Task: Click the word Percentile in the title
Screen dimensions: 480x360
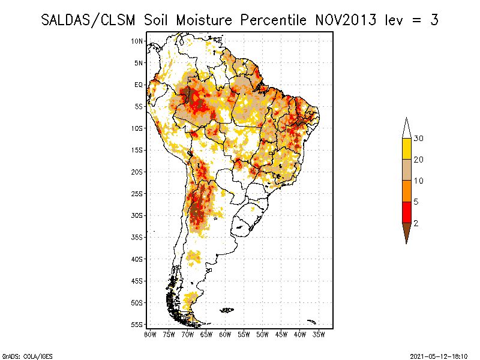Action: tap(273, 20)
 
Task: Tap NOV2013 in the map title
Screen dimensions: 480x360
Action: tap(346, 20)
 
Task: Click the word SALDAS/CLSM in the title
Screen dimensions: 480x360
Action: tap(88, 20)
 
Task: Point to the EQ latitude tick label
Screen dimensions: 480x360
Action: tap(139, 85)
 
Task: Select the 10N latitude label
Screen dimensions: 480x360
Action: tap(137, 41)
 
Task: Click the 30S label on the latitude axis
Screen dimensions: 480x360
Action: tap(137, 215)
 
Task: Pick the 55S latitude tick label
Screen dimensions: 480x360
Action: tap(137, 325)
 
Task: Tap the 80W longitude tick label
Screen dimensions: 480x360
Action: tap(150, 335)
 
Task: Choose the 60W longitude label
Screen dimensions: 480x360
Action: tap(225, 335)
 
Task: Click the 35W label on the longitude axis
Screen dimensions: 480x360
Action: tap(319, 335)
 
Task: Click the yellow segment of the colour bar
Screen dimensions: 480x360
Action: tap(407, 149)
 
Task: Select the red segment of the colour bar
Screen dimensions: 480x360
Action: tap(407, 212)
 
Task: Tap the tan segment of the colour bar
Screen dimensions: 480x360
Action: tap(407, 170)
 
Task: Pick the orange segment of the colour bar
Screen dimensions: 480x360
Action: tap(407, 191)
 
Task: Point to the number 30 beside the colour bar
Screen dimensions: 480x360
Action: tap(418, 139)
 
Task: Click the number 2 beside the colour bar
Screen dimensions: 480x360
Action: tap(416, 223)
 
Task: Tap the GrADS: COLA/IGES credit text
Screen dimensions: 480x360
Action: tap(28, 356)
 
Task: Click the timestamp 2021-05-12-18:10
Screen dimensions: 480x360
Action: tap(439, 356)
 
